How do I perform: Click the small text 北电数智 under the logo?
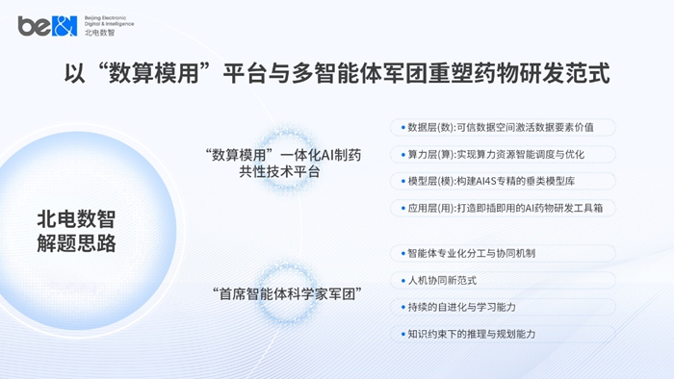pyautogui.click(x=98, y=34)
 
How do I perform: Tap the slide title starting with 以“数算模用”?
pyautogui.click(x=336, y=73)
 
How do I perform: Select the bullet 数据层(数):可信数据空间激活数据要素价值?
pyautogui.click(x=501, y=127)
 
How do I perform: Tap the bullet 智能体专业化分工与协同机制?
pyautogui.click(x=471, y=254)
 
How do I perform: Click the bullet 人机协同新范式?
pyautogui.click(x=442, y=281)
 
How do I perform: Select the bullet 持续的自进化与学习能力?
pyautogui.click(x=461, y=307)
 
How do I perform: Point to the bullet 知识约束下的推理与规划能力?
pyautogui.click(x=471, y=334)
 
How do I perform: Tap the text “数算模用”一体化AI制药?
pyautogui.click(x=283, y=155)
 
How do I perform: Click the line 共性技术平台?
pyautogui.click(x=283, y=173)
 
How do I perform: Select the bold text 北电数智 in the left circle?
pyautogui.click(x=76, y=218)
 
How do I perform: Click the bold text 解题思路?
pyautogui.click(x=76, y=243)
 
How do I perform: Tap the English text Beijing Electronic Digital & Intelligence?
pyautogui.click(x=109, y=20)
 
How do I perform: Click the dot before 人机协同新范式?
pyautogui.click(x=400, y=281)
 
